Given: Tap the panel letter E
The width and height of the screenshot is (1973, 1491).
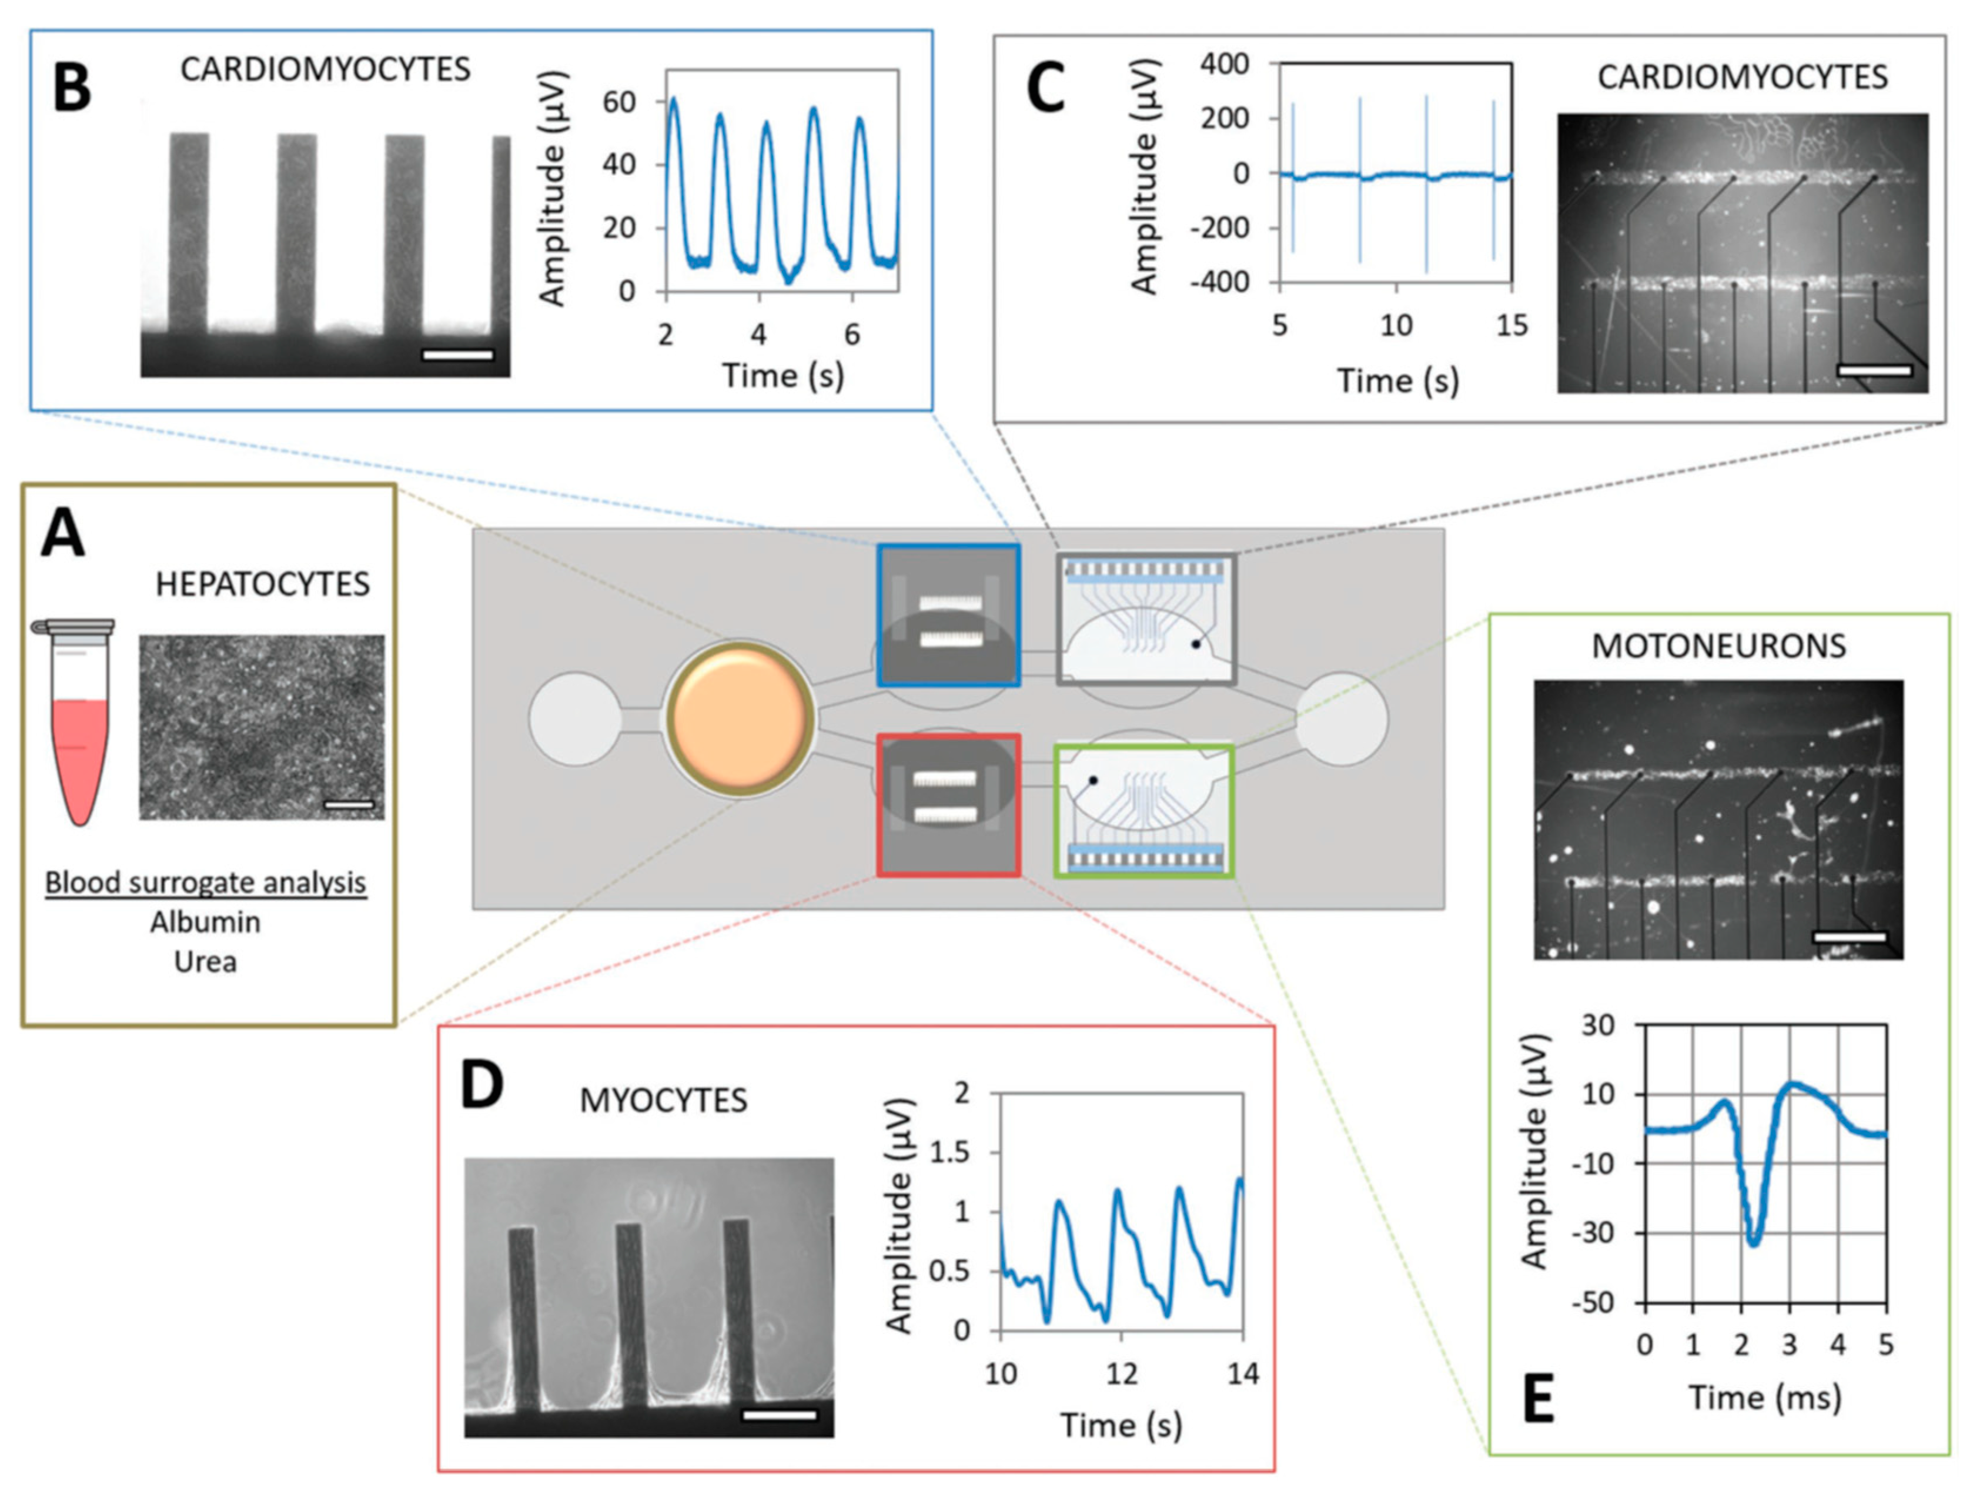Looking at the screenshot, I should tap(1538, 1399).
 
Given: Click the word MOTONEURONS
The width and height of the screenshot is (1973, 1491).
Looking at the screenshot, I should tap(1719, 646).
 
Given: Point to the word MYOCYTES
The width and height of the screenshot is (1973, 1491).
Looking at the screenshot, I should tap(664, 1101).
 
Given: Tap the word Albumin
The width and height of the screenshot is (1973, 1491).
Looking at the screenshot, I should tap(205, 921).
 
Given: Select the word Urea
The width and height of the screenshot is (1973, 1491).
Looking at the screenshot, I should tap(205, 961).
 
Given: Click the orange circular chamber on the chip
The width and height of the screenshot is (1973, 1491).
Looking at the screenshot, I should tap(740, 718).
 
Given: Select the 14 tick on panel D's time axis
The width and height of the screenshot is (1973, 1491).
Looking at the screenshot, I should tap(1242, 1374).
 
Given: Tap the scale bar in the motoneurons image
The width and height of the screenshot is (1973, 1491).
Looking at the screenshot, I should tap(1849, 937).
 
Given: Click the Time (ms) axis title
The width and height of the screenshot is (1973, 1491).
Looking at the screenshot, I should tap(1764, 1398).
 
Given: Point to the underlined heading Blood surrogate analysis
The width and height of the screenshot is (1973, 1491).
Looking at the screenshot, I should tap(205, 883).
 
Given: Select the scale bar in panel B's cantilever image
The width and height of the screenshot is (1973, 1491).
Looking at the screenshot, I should tap(457, 355).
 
